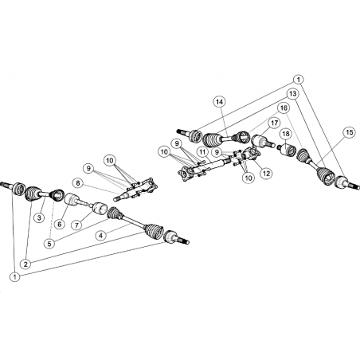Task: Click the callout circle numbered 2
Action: pos(25,264)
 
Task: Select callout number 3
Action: pos(39,218)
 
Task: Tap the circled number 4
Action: pos(100,235)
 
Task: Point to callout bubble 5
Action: pos(49,244)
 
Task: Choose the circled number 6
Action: pos(60,225)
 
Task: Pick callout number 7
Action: pos(76,225)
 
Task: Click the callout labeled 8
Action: pos(77,183)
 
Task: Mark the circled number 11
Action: pos(202,152)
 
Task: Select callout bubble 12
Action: pos(266,174)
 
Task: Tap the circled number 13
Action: pos(292,94)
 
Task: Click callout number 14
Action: pos(220,102)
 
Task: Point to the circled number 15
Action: pos(350,132)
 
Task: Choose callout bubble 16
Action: pos(284,108)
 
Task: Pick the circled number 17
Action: pos(274,123)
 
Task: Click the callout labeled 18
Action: pos(286,134)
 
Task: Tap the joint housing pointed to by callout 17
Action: pos(260,141)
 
